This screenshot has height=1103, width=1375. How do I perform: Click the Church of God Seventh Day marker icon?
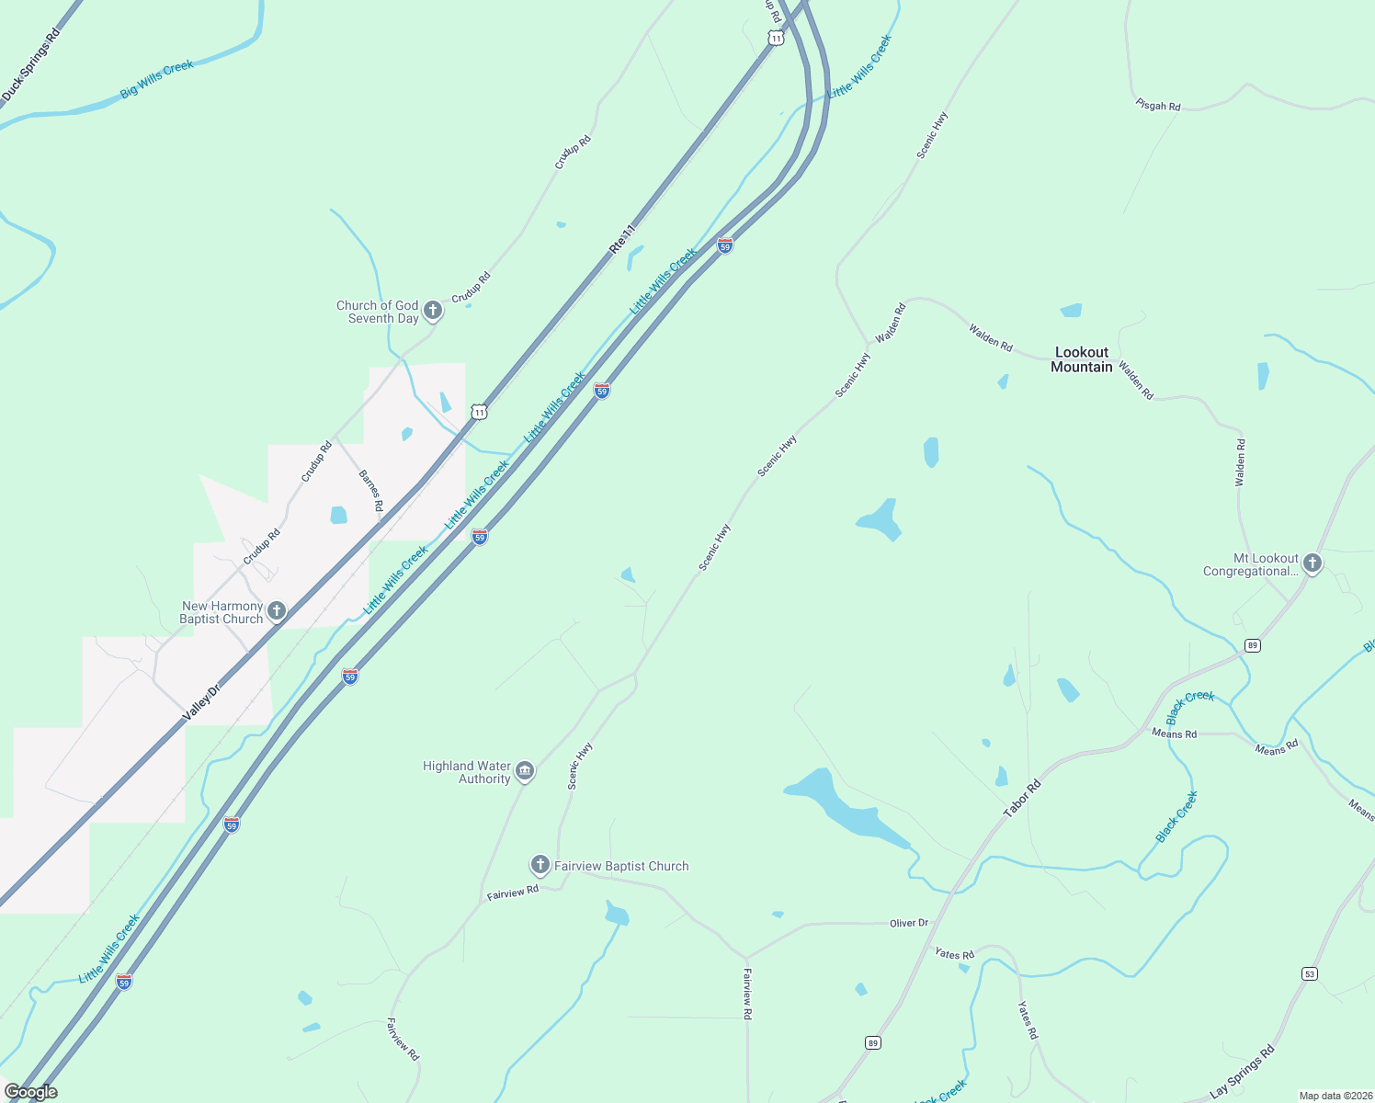[x=433, y=311]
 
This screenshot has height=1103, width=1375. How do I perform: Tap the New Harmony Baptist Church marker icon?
[x=277, y=611]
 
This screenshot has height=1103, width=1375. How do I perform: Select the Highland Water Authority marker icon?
[x=525, y=770]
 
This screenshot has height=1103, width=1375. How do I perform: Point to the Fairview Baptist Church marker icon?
[x=540, y=865]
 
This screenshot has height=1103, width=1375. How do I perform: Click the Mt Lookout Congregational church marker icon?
[x=1312, y=563]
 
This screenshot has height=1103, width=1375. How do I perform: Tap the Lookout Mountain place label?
[x=1082, y=359]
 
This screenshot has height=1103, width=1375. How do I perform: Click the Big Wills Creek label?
[x=157, y=79]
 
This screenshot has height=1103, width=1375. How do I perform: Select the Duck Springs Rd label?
[x=30, y=64]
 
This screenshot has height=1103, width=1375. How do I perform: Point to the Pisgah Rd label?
[x=1158, y=106]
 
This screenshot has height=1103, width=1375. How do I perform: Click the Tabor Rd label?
[x=1022, y=799]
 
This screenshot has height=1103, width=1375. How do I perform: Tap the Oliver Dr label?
[x=909, y=923]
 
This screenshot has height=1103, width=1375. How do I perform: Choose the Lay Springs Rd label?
[x=1243, y=1071]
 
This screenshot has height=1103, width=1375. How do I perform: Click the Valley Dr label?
[x=202, y=702]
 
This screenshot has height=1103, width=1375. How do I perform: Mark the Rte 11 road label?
[x=622, y=238]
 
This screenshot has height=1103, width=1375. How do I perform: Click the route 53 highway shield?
[x=1309, y=973]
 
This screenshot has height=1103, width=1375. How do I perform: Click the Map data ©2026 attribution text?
[x=1335, y=1096]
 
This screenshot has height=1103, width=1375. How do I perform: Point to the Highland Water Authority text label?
[x=466, y=772]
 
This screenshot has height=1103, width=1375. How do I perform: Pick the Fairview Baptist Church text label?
[x=621, y=866]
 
